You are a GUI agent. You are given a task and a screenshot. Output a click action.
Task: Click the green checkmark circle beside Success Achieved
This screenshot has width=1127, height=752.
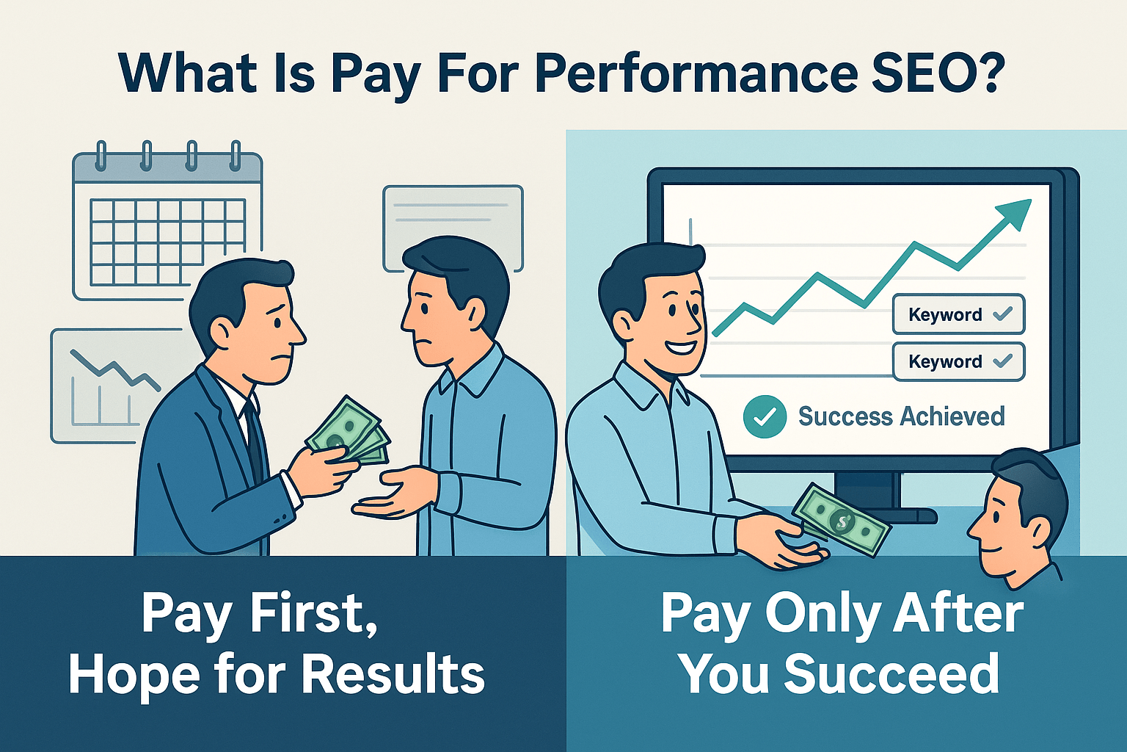(x=765, y=416)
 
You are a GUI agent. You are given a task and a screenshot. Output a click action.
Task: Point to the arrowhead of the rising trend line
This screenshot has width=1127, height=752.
(x=1017, y=211)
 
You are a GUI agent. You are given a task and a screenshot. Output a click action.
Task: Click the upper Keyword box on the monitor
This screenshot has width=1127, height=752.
(x=958, y=314)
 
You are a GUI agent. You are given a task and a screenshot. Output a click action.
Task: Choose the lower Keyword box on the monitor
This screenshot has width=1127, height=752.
(x=958, y=361)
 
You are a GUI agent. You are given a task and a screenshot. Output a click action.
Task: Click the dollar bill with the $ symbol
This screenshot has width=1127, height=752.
(x=842, y=518)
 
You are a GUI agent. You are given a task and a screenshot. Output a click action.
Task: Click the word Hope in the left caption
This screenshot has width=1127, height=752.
(x=131, y=673)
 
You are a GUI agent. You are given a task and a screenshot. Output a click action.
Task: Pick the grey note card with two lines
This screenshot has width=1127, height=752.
(x=453, y=220)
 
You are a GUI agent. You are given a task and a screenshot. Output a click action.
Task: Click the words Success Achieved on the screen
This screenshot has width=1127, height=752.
(x=901, y=416)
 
